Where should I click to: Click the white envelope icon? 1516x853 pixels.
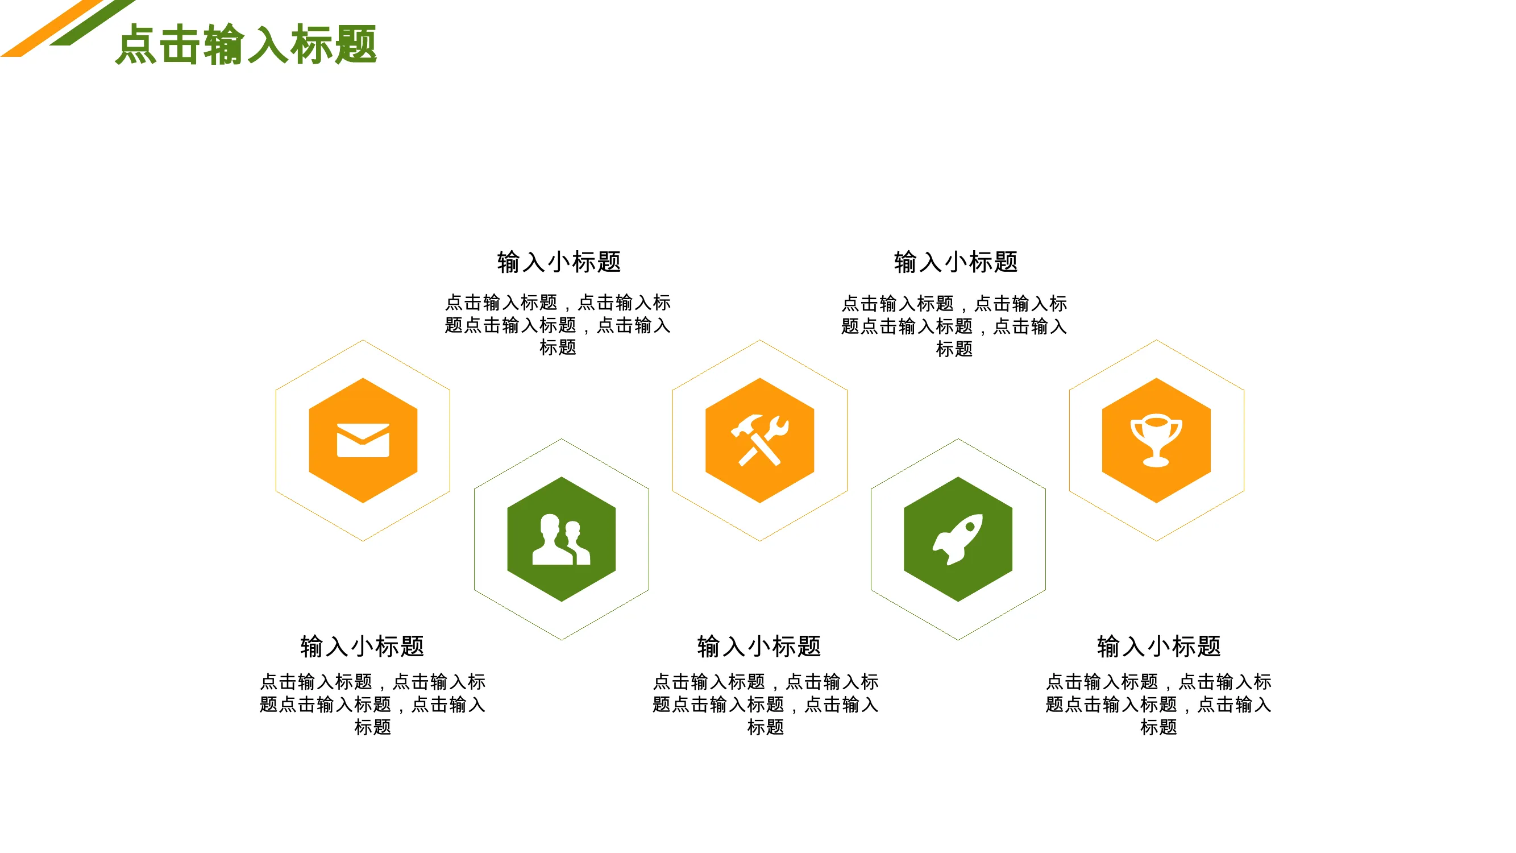coord(363,440)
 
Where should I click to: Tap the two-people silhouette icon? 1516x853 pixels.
coord(561,539)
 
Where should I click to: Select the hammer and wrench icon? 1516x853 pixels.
coord(760,440)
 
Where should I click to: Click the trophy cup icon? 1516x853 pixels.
coord(1156,440)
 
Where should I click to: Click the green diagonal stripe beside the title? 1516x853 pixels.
coord(93,22)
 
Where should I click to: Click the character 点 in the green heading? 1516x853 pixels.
coord(136,44)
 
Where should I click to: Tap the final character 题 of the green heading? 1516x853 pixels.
coord(355,44)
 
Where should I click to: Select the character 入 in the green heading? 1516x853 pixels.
coord(268,44)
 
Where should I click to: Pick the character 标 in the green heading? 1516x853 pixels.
coord(311,44)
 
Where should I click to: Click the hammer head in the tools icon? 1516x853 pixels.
coord(746,425)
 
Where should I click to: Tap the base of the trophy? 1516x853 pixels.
coord(1156,462)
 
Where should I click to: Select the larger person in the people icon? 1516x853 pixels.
coord(551,539)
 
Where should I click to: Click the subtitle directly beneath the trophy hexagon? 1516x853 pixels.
coord(1158,646)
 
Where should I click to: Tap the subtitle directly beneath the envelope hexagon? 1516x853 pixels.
coord(362,646)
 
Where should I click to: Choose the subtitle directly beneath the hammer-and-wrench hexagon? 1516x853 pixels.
coord(759,646)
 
